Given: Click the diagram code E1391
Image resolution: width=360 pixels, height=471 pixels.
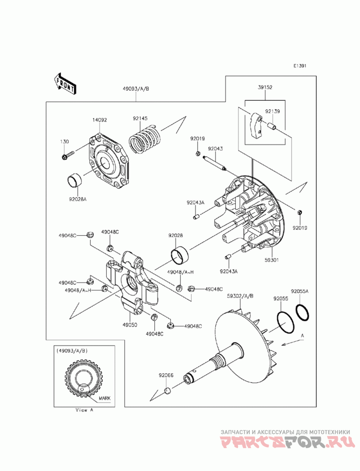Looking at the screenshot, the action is (300, 66).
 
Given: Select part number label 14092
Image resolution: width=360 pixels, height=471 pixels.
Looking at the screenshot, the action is (99, 120).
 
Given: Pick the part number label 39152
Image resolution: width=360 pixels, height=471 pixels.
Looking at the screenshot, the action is (265, 87).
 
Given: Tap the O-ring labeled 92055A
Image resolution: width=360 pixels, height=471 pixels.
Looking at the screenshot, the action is (302, 312).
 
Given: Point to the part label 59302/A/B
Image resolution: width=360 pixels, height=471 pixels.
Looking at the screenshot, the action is (240, 296).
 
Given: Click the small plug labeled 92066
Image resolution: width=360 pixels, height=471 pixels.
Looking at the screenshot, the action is (167, 391).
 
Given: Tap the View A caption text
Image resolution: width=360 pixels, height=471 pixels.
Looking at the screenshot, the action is (85, 410).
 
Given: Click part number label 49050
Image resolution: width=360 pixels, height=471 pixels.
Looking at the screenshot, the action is (130, 325).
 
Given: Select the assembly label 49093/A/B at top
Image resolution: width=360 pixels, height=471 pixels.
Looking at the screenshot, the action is (136, 89).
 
